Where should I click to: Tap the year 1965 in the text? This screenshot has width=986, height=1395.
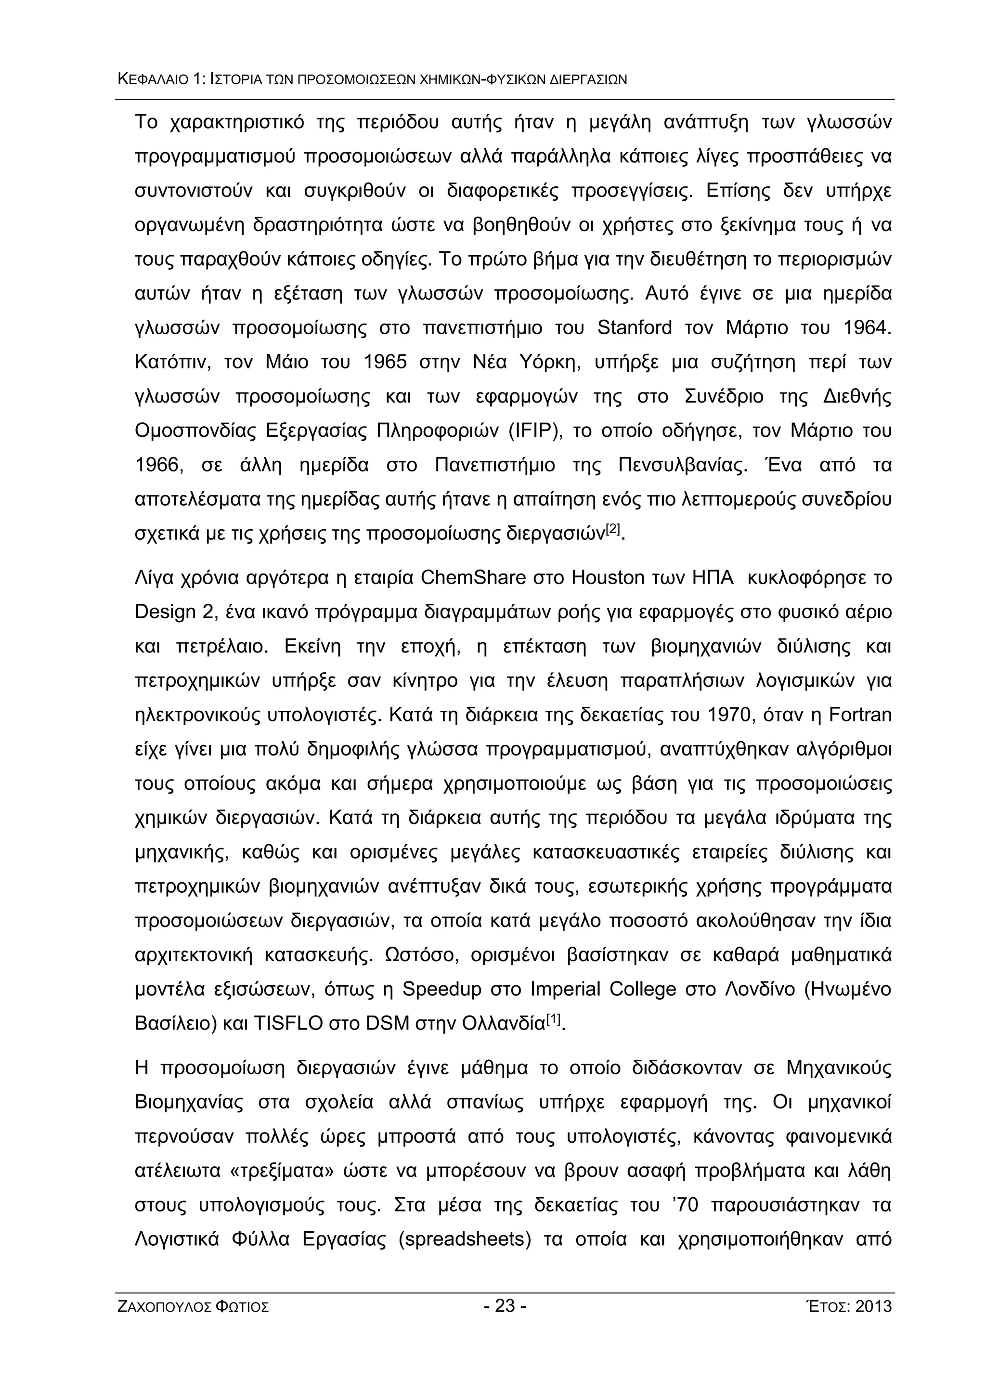pos(385,363)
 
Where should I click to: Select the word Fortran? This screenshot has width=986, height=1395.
pos(860,715)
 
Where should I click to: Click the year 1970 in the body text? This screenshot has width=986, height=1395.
pos(729,715)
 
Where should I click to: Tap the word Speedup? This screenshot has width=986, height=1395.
pos(441,990)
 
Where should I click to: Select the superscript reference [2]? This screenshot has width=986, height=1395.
pos(613,529)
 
